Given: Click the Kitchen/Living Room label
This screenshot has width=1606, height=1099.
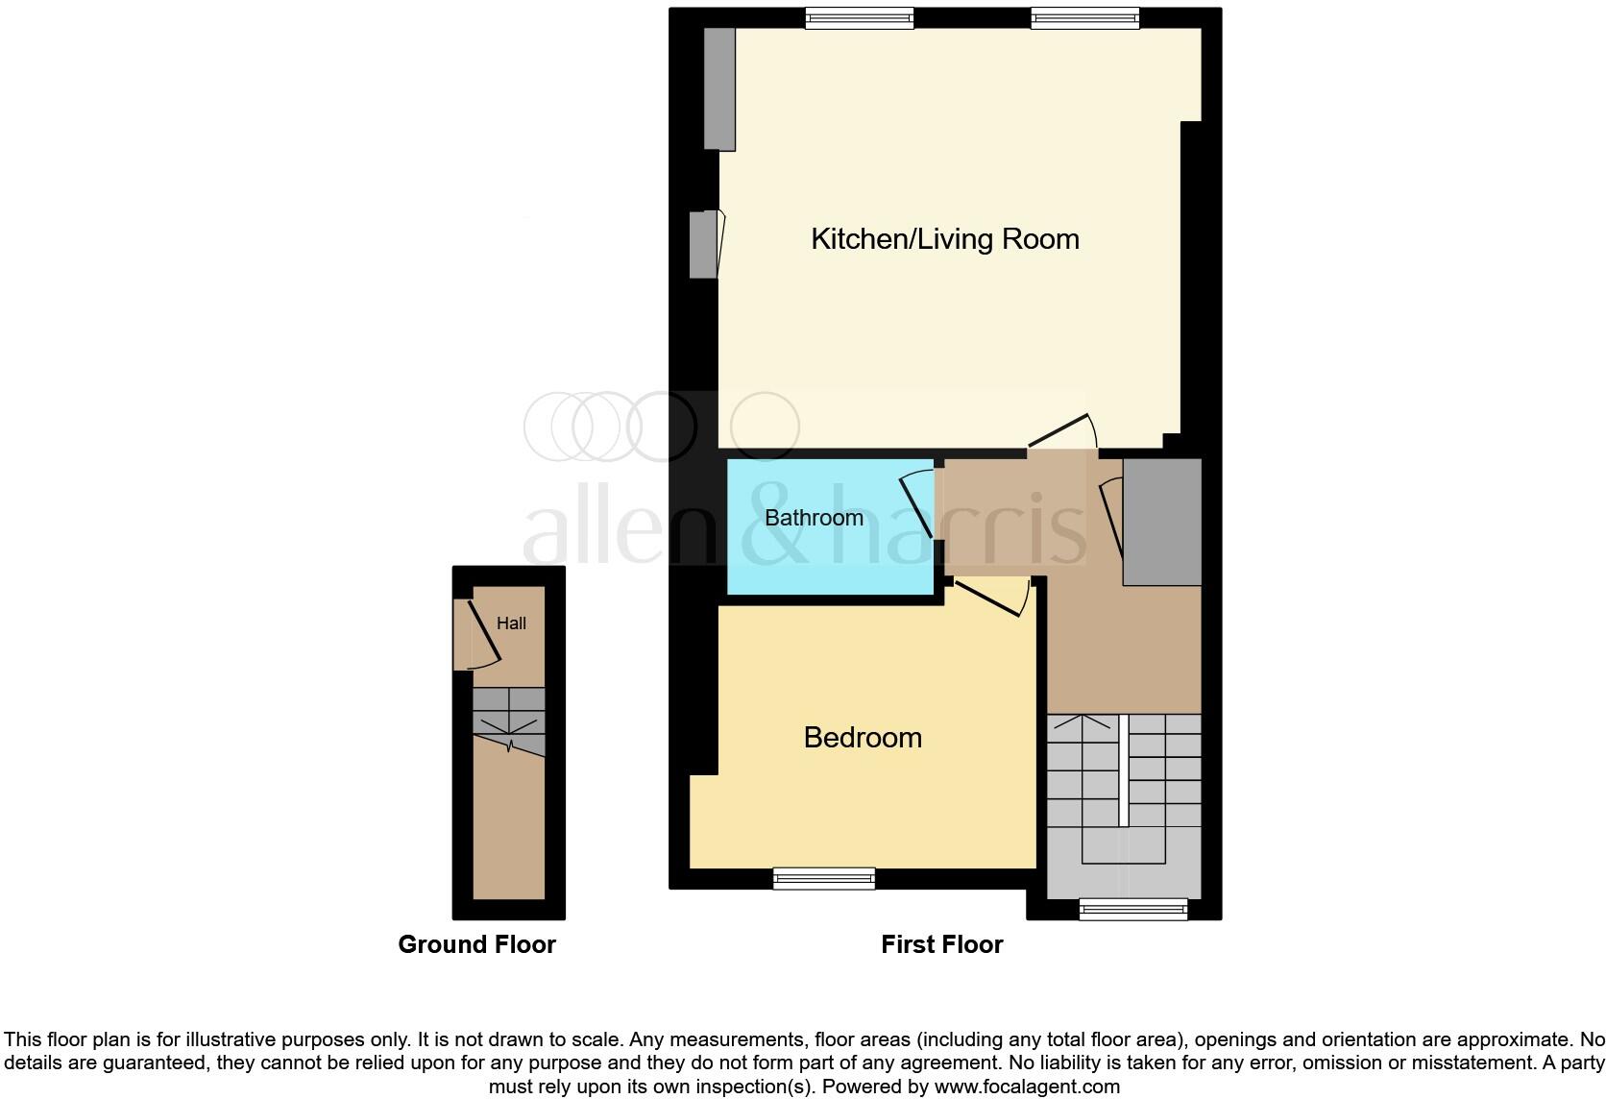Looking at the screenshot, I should [x=945, y=238].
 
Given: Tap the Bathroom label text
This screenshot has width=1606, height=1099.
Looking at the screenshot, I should [x=814, y=518].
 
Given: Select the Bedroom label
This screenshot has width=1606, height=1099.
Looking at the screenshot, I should [x=863, y=737].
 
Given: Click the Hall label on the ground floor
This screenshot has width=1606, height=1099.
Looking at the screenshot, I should [x=511, y=623].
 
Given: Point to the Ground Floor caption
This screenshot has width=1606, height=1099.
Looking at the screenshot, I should [x=476, y=944].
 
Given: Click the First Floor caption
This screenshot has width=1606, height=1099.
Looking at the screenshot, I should [x=941, y=944].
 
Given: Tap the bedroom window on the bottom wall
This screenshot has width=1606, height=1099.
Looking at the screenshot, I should [x=824, y=878].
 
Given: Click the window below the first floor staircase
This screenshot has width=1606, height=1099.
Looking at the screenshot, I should [x=1133, y=908].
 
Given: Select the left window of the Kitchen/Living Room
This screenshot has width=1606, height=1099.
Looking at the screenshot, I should [x=859, y=17].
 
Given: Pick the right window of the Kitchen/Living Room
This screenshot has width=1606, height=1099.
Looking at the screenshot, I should [x=1085, y=17].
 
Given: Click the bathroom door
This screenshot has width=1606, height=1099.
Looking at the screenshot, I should [x=916, y=503].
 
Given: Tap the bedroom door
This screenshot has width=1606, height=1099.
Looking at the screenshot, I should [x=989, y=598].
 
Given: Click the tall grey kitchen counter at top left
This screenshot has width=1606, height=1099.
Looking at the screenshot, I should [x=719, y=88].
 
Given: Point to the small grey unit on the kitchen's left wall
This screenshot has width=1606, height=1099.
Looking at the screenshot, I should [x=704, y=245].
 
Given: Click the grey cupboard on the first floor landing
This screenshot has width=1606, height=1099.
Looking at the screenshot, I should [x=1162, y=522].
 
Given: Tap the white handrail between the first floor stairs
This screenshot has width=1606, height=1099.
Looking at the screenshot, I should [x=1123, y=770].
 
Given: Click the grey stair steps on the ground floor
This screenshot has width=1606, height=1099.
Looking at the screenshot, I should [x=509, y=720].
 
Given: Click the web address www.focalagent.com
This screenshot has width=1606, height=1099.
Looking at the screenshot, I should [x=1027, y=1087].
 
